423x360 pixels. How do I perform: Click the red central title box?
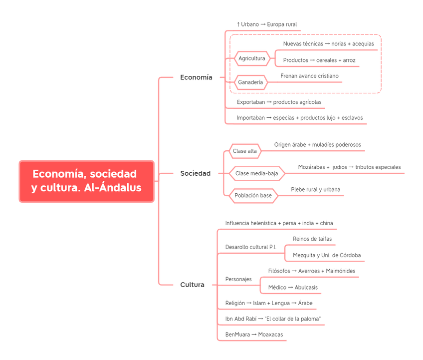tap(86, 181)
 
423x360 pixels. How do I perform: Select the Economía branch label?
tap(196, 77)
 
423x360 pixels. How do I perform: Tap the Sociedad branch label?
tap(195, 173)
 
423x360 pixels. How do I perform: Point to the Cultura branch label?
tap(192, 284)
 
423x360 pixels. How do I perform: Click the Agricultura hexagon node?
tap(252, 58)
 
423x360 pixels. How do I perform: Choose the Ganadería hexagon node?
tap(250, 82)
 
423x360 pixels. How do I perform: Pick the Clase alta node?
tap(245, 150)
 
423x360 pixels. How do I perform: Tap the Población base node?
tap(253, 196)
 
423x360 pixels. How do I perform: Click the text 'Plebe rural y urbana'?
tap(316, 190)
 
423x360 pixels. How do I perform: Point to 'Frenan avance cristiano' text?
tap(309, 75)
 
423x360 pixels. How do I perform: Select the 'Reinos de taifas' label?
tap(312, 239)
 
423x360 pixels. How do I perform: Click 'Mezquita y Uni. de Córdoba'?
tap(326, 255)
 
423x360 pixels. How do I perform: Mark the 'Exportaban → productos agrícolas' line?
tap(279, 102)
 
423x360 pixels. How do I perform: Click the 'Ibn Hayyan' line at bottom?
tap(254, 334)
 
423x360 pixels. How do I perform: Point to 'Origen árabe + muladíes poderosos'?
tap(317, 144)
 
